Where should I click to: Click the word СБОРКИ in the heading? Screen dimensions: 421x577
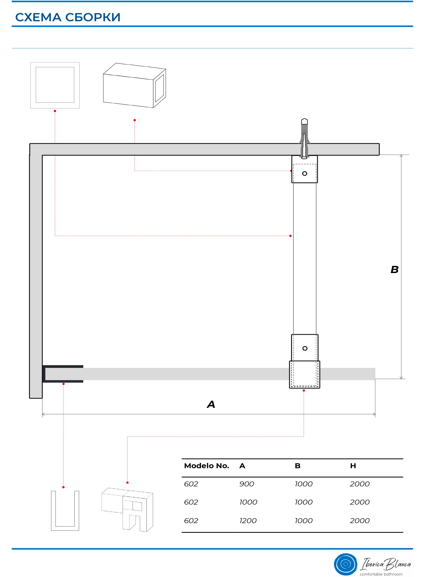[x=93, y=17]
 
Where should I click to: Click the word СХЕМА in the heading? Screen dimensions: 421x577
[x=38, y=17]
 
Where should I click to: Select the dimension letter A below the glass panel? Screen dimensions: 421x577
[x=211, y=404]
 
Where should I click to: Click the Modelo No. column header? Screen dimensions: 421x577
[x=206, y=466]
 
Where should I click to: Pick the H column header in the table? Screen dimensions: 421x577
[x=353, y=466]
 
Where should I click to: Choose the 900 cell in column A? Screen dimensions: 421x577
[x=246, y=484]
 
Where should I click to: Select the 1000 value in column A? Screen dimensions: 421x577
[x=248, y=502]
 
